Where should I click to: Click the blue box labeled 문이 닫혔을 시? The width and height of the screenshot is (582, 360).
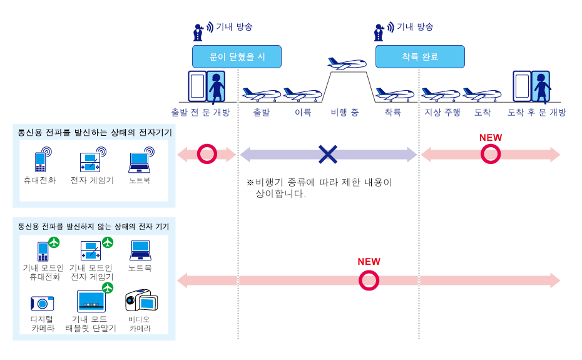tap(237, 56)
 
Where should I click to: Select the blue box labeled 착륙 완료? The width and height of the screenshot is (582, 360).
tap(421, 56)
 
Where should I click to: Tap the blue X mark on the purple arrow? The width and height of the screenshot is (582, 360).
tap(327, 155)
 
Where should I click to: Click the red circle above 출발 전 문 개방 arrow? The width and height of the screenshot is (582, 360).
tap(206, 154)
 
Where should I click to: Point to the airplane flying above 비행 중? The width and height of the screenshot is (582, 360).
tap(346, 64)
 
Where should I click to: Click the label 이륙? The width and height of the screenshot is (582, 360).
tap(303, 113)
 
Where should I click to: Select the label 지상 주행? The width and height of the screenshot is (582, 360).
tap(442, 113)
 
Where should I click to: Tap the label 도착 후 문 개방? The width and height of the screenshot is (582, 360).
tap(536, 113)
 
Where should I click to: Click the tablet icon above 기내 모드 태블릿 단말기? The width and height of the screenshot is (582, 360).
tap(91, 301)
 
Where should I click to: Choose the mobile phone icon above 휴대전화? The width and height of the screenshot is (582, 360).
tap(42, 161)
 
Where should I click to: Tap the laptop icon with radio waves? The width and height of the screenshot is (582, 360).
tap(140, 162)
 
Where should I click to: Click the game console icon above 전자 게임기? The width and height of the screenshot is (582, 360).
tap(91, 162)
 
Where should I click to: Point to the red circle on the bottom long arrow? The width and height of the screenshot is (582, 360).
tap(369, 280)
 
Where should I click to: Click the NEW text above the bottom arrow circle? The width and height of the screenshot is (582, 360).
tap(369, 262)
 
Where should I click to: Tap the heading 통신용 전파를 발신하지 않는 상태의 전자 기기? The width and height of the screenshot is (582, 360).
tap(94, 226)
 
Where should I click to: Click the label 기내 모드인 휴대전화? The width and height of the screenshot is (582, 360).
tap(43, 272)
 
